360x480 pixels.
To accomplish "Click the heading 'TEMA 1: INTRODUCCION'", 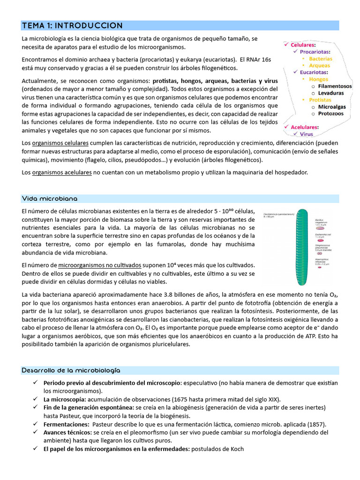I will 72,25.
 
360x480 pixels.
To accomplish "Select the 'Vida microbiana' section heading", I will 50,199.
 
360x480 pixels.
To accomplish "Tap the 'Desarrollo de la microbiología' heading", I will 71,370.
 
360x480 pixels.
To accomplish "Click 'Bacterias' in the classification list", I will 321,59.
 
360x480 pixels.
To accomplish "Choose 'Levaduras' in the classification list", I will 331,93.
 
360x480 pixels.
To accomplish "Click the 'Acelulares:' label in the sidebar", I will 305,127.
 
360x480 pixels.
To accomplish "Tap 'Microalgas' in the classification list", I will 332,107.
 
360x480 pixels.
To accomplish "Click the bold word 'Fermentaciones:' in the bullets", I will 66,424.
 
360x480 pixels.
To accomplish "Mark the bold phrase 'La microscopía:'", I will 65,399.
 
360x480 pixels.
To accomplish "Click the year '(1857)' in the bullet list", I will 316,424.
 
